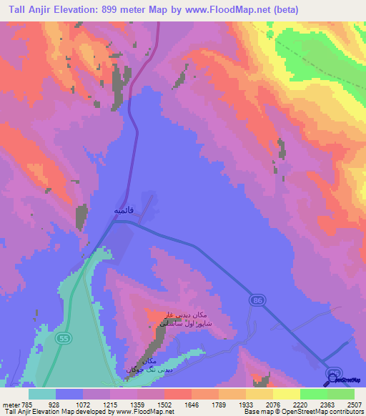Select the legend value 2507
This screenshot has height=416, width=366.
[x=354, y=404]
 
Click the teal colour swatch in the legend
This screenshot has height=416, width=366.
[x=42, y=394]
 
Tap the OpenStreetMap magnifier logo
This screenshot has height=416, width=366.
[x=331, y=380]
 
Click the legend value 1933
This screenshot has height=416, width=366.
[x=232, y=404]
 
